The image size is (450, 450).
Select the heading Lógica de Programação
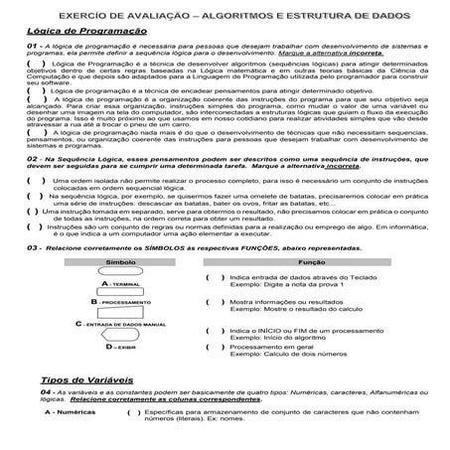[x=78, y=33]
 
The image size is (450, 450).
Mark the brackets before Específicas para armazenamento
[x=133, y=410]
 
